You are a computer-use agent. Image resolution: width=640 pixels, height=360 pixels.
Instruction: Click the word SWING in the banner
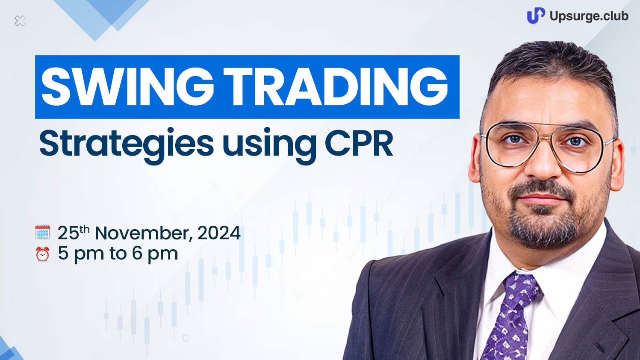(127, 87)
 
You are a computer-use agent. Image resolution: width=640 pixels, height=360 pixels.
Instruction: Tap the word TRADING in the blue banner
(336, 87)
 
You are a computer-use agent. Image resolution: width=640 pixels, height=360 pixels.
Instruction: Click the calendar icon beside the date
(42, 232)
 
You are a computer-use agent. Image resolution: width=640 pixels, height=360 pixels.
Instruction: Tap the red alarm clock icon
(42, 254)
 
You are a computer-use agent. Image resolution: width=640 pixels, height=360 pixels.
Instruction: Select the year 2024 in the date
(219, 233)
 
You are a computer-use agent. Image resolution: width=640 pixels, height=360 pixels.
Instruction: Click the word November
(143, 233)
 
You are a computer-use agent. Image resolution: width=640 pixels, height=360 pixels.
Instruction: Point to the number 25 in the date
(68, 233)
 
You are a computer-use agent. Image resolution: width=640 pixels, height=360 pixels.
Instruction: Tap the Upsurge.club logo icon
(536, 15)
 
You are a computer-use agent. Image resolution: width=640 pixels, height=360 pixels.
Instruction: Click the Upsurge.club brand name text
(589, 16)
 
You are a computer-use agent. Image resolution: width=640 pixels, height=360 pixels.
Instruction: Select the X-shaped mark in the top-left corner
(20, 21)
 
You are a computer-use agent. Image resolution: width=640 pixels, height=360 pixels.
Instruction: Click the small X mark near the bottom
(186, 338)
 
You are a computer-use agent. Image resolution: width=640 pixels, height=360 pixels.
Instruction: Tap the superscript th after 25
(85, 229)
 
